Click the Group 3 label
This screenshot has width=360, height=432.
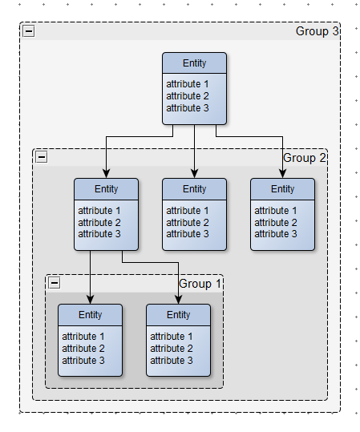click(317, 31)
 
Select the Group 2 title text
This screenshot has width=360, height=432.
click(305, 158)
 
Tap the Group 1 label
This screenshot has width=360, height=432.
click(200, 284)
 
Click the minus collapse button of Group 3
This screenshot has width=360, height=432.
click(29, 30)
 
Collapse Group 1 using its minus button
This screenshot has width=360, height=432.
click(55, 283)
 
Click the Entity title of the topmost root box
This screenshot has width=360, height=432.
click(194, 63)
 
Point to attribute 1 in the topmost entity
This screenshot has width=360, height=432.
click(187, 83)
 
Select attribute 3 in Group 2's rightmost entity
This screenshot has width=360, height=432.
click(275, 234)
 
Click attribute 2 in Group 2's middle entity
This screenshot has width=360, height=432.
click(187, 222)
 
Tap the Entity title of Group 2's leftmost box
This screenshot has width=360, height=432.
click(106, 189)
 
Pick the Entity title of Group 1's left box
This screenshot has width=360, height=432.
click(90, 315)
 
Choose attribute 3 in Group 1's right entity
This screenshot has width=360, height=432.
click(171, 361)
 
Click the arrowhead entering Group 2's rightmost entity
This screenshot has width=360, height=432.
click(282, 174)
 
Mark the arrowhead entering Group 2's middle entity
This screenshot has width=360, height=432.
click(194, 174)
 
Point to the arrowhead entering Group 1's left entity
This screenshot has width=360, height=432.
click(90, 300)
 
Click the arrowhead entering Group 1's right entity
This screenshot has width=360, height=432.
click(178, 300)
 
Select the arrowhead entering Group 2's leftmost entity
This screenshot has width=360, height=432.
click(106, 174)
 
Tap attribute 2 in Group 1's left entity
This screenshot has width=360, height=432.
click(83, 348)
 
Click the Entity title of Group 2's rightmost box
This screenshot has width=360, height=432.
click(282, 189)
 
